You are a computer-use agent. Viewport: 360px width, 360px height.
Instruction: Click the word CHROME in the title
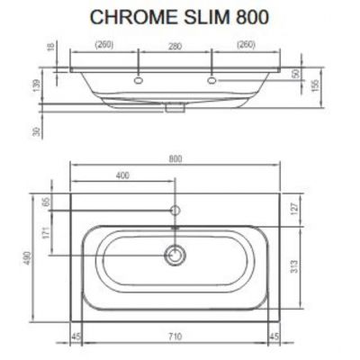133,17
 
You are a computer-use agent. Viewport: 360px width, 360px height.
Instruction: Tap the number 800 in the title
252,17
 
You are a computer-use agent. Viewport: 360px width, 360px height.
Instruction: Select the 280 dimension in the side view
175,47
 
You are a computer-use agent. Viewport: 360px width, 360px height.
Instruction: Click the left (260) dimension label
104,45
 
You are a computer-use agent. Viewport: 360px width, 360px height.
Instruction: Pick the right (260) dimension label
246,45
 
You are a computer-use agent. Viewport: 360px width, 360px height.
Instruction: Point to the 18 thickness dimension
51,47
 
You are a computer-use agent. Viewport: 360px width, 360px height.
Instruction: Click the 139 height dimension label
36,85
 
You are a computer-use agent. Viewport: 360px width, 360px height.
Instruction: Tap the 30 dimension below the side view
36,131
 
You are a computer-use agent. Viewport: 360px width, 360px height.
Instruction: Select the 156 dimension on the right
315,85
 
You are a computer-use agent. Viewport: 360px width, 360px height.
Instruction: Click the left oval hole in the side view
139,80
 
